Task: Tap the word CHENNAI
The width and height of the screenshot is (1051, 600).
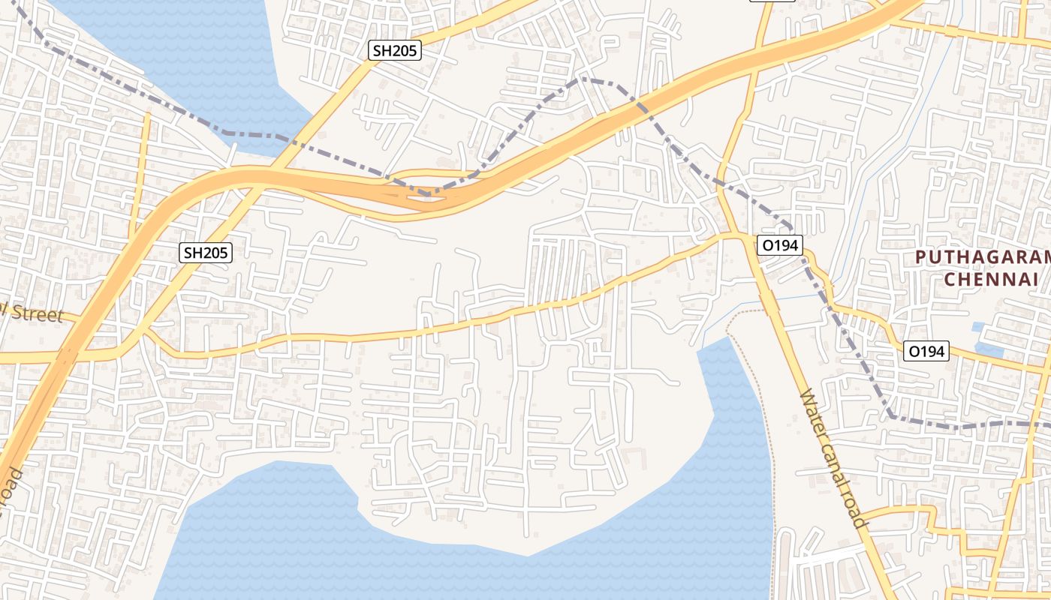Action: coord(990,279)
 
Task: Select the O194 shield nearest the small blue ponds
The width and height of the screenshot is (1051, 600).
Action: coord(927,351)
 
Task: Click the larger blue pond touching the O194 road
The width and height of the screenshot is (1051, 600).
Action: coord(990,349)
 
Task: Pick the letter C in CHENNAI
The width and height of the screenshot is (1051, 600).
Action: coord(949,279)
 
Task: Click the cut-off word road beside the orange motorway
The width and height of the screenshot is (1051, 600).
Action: coord(12,487)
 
